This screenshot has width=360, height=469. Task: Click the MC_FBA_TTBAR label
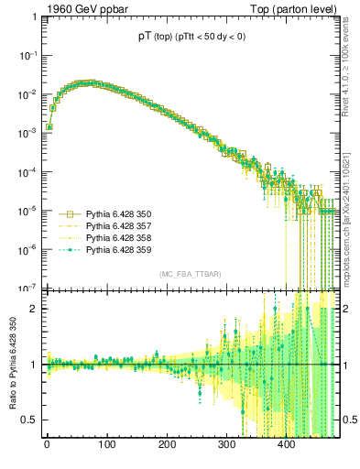coord(188,275)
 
